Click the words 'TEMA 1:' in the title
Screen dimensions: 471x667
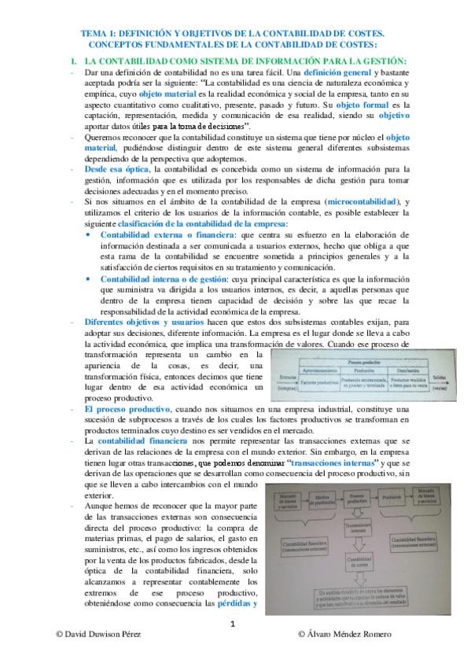point(103,35)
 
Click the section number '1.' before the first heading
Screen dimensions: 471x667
point(72,61)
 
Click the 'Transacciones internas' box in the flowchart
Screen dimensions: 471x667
point(356,529)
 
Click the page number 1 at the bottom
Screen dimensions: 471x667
point(233,647)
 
